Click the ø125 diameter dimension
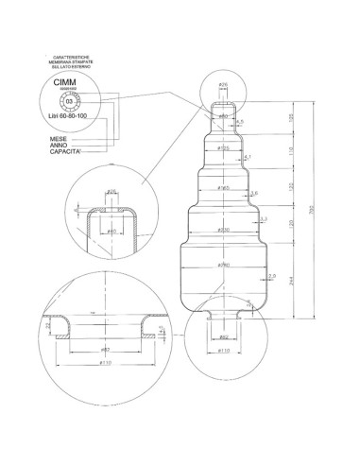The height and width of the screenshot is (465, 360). [223, 148]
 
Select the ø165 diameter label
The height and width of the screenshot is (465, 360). [224, 187]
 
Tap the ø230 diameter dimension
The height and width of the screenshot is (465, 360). [224, 230]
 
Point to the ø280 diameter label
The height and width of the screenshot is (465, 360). [224, 265]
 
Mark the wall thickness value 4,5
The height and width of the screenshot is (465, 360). [240, 122]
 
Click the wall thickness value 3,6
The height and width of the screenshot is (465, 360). [253, 193]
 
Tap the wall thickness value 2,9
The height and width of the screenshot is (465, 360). [272, 276]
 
